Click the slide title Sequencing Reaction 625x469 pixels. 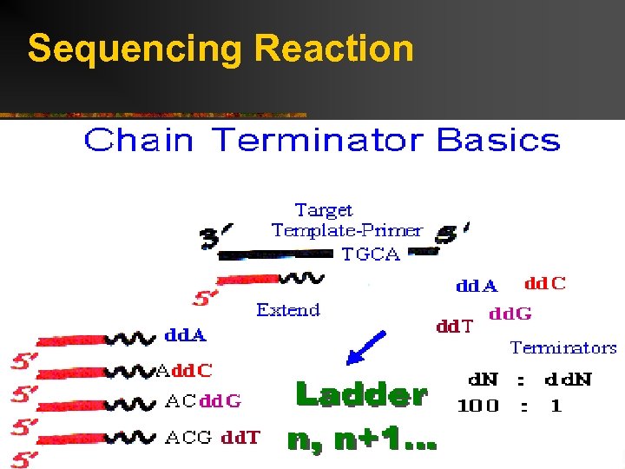[220, 49]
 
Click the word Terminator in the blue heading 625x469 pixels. [320, 140]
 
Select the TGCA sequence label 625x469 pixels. [371, 254]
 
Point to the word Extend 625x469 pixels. [288, 310]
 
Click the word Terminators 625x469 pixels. [563, 348]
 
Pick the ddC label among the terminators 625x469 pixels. [545, 284]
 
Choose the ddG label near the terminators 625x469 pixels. [510, 314]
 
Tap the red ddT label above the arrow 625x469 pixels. [454, 327]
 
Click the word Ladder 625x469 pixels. [361, 395]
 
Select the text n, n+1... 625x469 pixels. [361, 441]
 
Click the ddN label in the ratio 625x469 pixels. [569, 380]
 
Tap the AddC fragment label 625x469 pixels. [184, 371]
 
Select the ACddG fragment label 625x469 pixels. [203, 401]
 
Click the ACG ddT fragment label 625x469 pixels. [212, 437]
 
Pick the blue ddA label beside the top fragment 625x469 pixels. [187, 334]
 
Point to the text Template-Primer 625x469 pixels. [346, 231]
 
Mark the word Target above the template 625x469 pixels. [324, 210]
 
